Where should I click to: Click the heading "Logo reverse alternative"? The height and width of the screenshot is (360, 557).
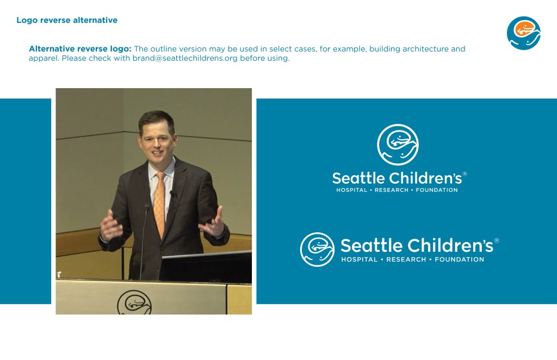(x=67, y=20)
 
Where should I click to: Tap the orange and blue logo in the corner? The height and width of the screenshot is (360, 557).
(x=523, y=33)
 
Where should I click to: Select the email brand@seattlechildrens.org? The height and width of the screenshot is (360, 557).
(x=185, y=58)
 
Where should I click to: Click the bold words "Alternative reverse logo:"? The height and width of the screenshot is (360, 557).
(x=80, y=48)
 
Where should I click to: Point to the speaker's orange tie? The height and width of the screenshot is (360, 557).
(x=159, y=204)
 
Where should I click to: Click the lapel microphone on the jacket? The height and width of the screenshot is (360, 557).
(x=173, y=194)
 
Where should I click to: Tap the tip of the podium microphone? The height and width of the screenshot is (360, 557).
(x=147, y=206)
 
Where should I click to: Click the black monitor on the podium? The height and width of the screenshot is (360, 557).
(x=206, y=267)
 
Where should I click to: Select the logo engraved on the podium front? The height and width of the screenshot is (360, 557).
(x=134, y=302)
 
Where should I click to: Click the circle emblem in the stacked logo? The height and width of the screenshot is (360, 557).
(x=398, y=145)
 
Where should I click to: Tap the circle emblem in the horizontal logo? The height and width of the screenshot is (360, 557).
(x=317, y=250)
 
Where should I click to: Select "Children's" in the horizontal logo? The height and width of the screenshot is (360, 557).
(x=450, y=245)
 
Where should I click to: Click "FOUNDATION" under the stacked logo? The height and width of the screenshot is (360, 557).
(x=437, y=190)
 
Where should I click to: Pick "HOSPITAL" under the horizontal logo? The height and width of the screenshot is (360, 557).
(x=359, y=259)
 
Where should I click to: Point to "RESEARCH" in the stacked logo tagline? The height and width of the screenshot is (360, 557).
(x=392, y=190)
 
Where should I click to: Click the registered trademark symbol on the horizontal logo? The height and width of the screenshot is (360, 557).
(x=497, y=240)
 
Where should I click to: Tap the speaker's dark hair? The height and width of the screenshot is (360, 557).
(x=156, y=119)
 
